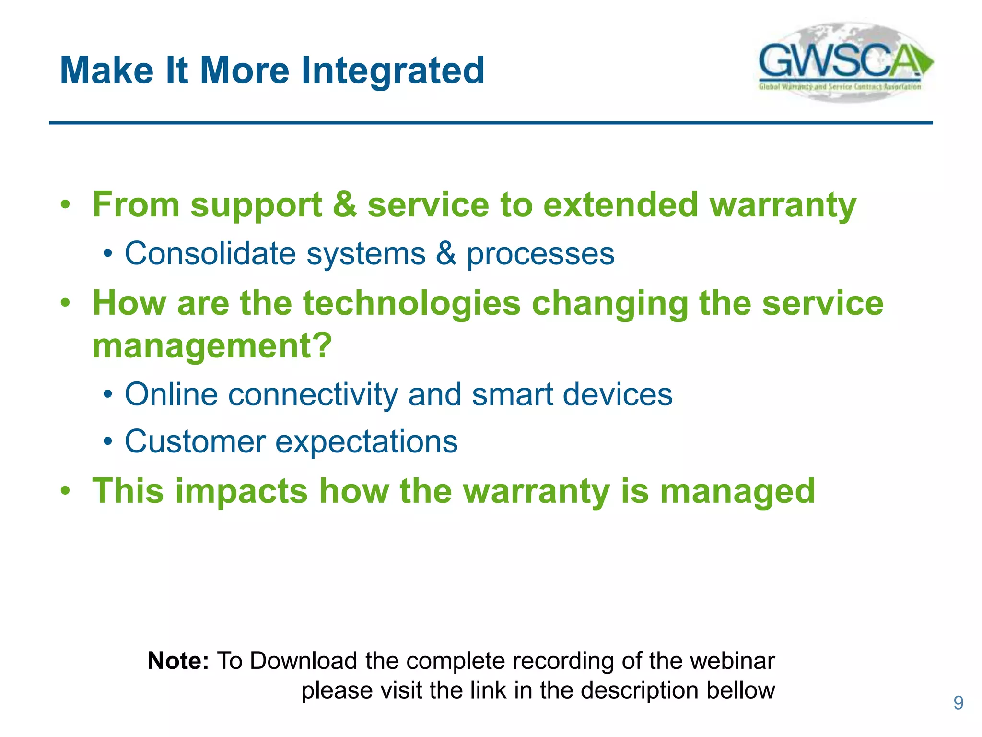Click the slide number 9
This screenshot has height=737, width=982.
click(958, 703)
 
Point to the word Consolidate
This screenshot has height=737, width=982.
click(210, 253)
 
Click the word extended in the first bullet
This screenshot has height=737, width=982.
click(621, 205)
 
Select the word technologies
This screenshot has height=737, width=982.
click(412, 304)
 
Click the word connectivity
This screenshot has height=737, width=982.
click(313, 394)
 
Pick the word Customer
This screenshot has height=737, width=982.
click(195, 441)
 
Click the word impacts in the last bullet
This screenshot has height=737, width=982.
click(241, 491)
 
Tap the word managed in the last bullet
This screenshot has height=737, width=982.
click(737, 491)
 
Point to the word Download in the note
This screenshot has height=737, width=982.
click(304, 661)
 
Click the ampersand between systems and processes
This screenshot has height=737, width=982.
click(446, 253)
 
